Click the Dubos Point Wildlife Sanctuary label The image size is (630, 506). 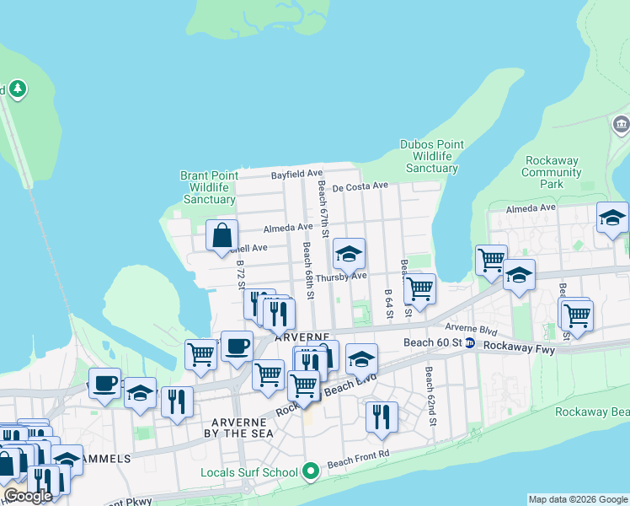pyautogui.click(x=432, y=156)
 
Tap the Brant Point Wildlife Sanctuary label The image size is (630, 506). pyautogui.click(x=209, y=187)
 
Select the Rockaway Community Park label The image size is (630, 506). pyautogui.click(x=552, y=172)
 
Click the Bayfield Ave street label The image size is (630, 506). pyautogui.click(x=296, y=175)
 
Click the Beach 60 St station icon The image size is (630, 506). pyautogui.click(x=469, y=342)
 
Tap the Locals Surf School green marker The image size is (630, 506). pyautogui.click(x=310, y=471)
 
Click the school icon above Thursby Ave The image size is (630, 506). pyautogui.click(x=349, y=253)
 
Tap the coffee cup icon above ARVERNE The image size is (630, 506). pyautogui.click(x=237, y=344)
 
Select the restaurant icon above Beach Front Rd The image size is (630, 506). pyautogui.click(x=382, y=416)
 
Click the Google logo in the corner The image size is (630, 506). pyautogui.click(x=27, y=496)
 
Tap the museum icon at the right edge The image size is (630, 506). pyautogui.click(x=622, y=126)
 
